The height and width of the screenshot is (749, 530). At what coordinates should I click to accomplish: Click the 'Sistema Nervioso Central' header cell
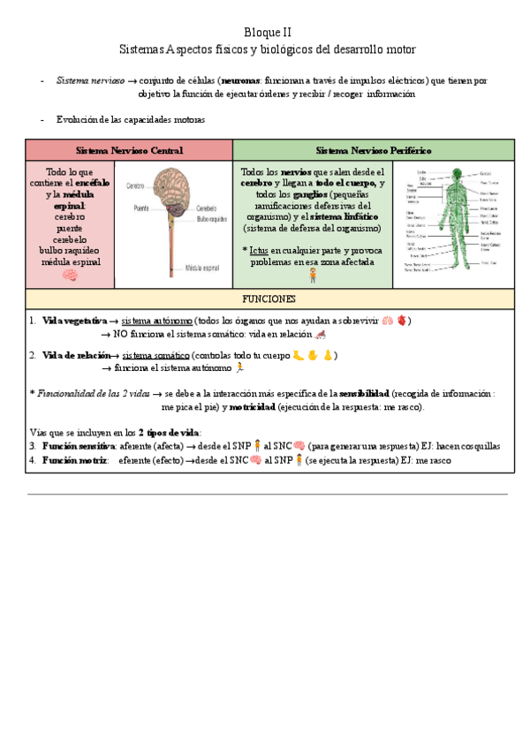(x=129, y=151)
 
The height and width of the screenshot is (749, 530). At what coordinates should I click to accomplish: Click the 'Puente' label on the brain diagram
(x=140, y=208)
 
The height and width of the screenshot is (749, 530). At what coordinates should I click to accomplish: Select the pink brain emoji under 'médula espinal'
(x=71, y=276)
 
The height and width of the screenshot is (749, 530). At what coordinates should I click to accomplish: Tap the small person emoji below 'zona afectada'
(x=313, y=275)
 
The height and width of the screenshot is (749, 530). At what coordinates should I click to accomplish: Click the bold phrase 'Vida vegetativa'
(x=74, y=321)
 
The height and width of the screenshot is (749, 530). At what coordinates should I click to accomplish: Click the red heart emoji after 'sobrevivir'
(x=402, y=321)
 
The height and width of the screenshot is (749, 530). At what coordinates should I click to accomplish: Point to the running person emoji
(x=239, y=367)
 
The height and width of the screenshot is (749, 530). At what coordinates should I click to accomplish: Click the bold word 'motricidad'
(x=252, y=407)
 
